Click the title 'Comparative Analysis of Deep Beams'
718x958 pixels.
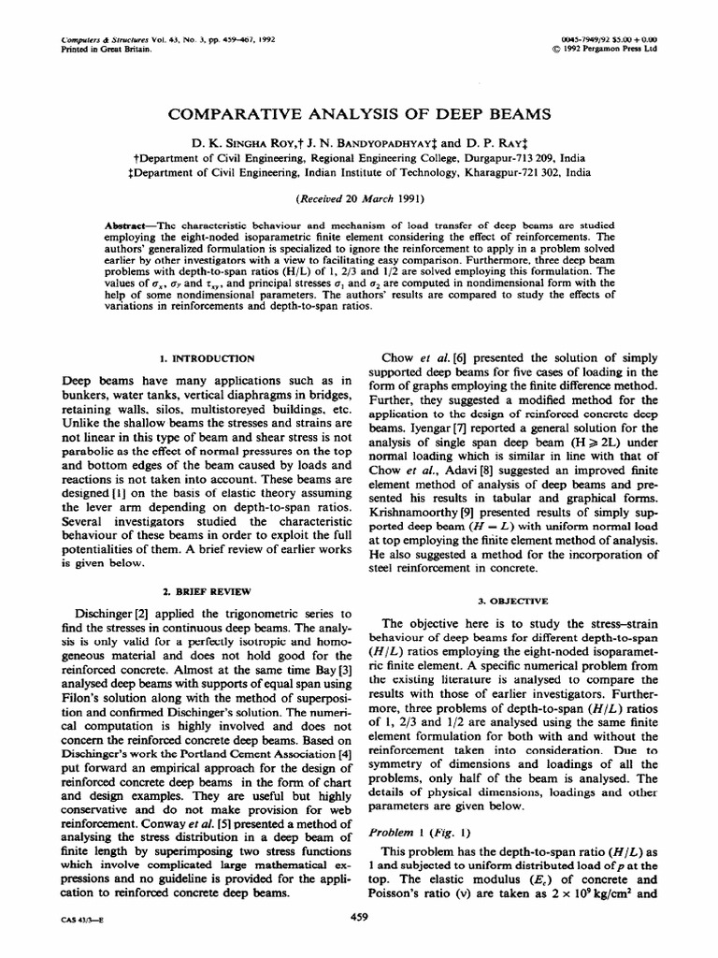click(358, 114)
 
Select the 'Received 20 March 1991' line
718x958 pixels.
click(358, 199)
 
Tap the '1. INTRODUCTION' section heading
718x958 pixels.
click(206, 358)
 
